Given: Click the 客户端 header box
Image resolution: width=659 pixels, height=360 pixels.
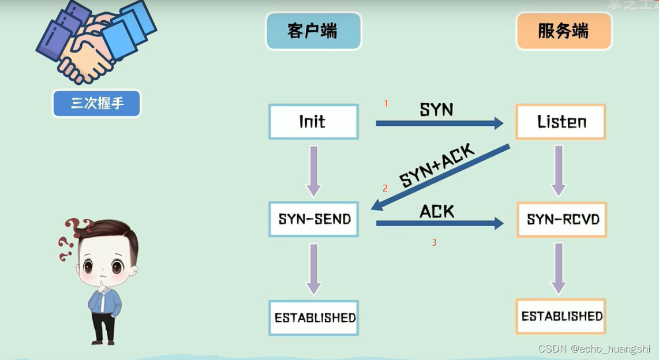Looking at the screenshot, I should (313, 31).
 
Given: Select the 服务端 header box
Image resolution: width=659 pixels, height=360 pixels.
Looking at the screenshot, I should (563, 31).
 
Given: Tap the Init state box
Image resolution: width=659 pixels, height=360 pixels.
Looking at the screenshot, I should (313, 122).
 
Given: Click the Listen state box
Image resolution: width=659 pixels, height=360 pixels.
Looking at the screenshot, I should (561, 122).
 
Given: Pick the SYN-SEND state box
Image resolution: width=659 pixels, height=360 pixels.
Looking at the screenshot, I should (314, 219).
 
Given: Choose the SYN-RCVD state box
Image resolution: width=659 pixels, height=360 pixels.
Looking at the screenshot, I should (562, 220).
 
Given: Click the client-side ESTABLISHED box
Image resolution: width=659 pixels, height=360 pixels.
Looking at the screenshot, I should (314, 318).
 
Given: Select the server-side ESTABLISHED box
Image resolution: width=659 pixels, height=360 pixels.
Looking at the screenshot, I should (561, 316).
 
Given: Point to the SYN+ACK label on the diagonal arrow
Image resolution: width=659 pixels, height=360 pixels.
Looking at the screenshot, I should (437, 166).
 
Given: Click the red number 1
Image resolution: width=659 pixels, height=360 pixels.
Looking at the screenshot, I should (386, 104).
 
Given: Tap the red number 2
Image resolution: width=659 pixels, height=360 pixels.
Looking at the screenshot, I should (385, 188).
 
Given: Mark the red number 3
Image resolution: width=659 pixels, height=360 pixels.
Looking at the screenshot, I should (434, 243).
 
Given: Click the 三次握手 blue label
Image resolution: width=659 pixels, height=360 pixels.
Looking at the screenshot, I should (97, 104).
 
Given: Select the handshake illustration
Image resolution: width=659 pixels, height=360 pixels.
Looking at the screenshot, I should (96, 43).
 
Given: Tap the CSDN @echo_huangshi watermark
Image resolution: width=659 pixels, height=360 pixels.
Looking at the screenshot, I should (594, 349).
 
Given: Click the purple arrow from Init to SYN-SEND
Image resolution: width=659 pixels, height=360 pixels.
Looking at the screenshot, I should (313, 171).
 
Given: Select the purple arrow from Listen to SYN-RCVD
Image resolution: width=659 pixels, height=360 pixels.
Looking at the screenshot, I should (558, 171).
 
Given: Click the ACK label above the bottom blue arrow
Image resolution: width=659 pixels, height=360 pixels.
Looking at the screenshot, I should (437, 211).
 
